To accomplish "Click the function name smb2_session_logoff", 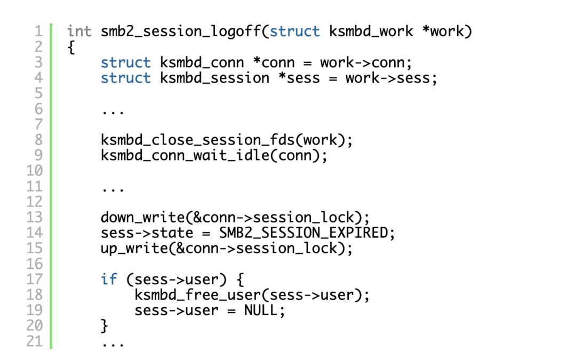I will pos(181,31).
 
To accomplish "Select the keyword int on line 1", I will pos(79,31).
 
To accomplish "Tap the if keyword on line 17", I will pos(109,279).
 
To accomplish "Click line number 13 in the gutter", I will pos(34,218).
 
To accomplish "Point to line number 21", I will pos(34,341).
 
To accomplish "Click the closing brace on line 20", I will pos(105,326).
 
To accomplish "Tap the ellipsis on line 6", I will pos(113,111).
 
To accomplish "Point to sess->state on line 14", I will pos(147,233).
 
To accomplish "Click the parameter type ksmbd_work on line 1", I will pos(371,31).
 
